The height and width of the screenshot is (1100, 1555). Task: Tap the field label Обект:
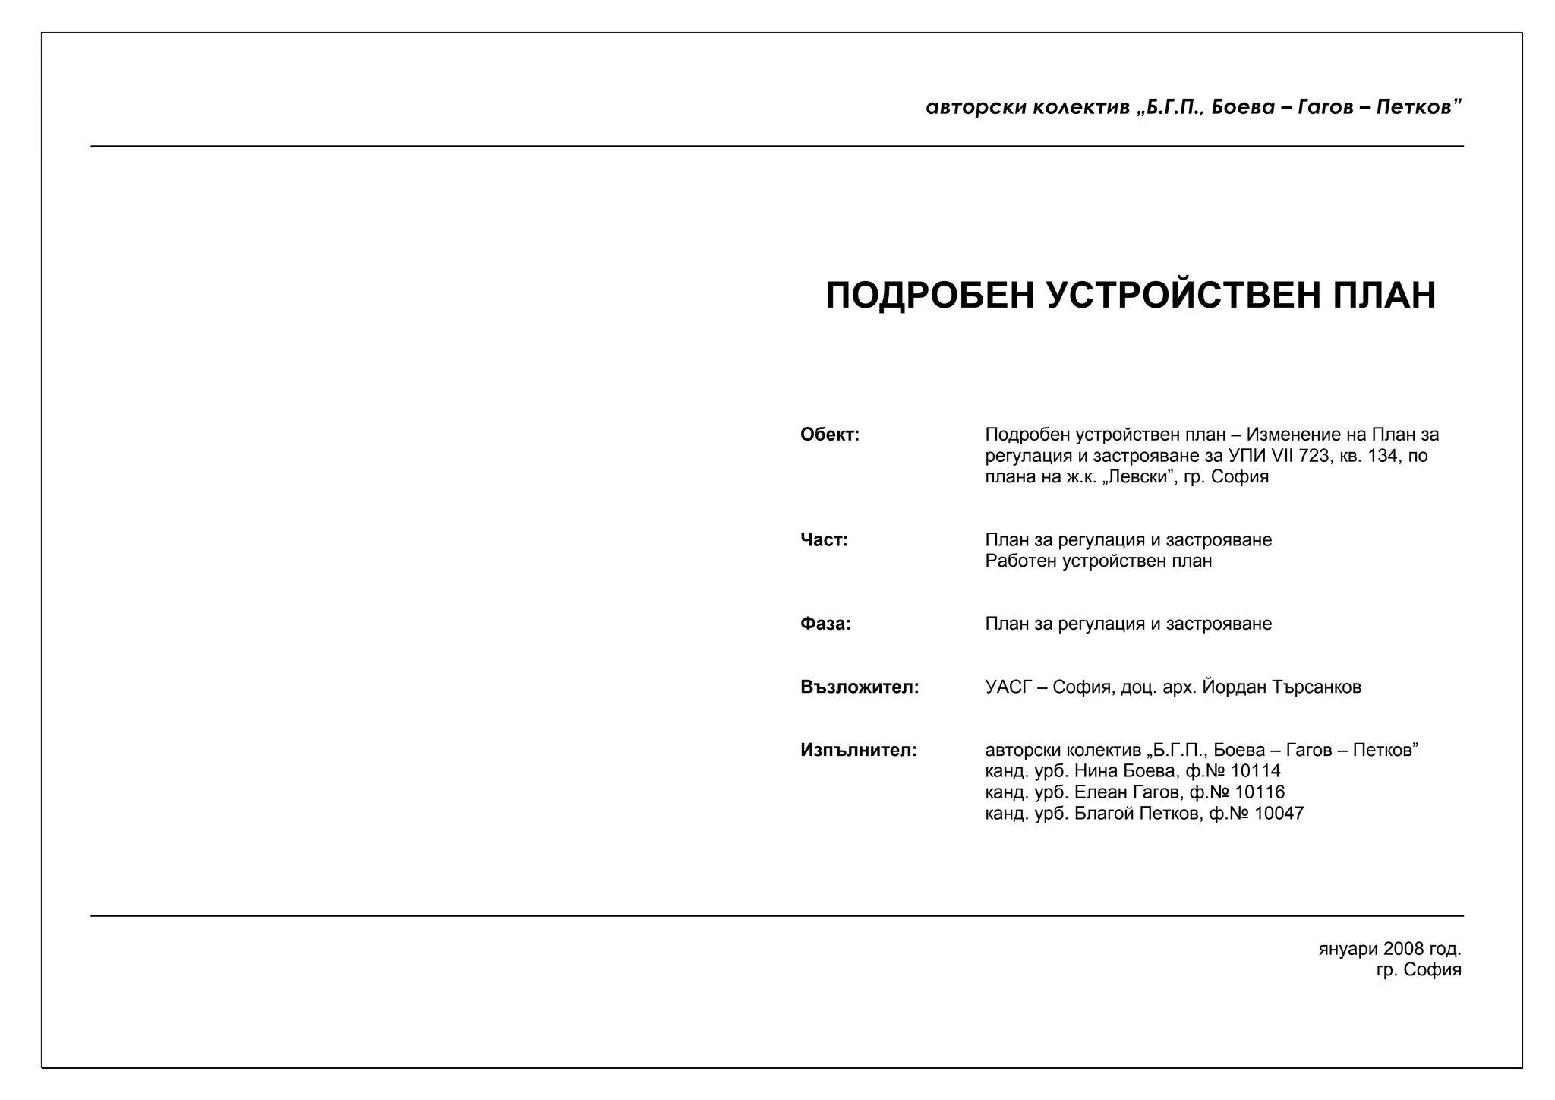click(830, 435)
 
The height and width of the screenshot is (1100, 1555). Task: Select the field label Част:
click(824, 540)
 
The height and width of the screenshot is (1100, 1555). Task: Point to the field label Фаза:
click(825, 624)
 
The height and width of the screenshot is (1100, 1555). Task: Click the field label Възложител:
click(860, 687)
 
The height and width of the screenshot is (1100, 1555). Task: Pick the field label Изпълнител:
click(859, 751)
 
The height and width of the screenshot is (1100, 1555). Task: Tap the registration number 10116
click(1260, 792)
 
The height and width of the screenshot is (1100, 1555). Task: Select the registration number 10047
click(1279, 814)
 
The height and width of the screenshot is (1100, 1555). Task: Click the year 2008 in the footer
click(1403, 949)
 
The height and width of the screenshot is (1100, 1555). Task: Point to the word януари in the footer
click(1348, 950)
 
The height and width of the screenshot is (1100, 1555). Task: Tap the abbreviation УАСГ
click(1009, 687)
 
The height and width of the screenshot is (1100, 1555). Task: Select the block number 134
click(1383, 456)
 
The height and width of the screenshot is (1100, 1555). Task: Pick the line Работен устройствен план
click(1099, 561)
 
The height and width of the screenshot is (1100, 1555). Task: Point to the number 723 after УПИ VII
click(1314, 456)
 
